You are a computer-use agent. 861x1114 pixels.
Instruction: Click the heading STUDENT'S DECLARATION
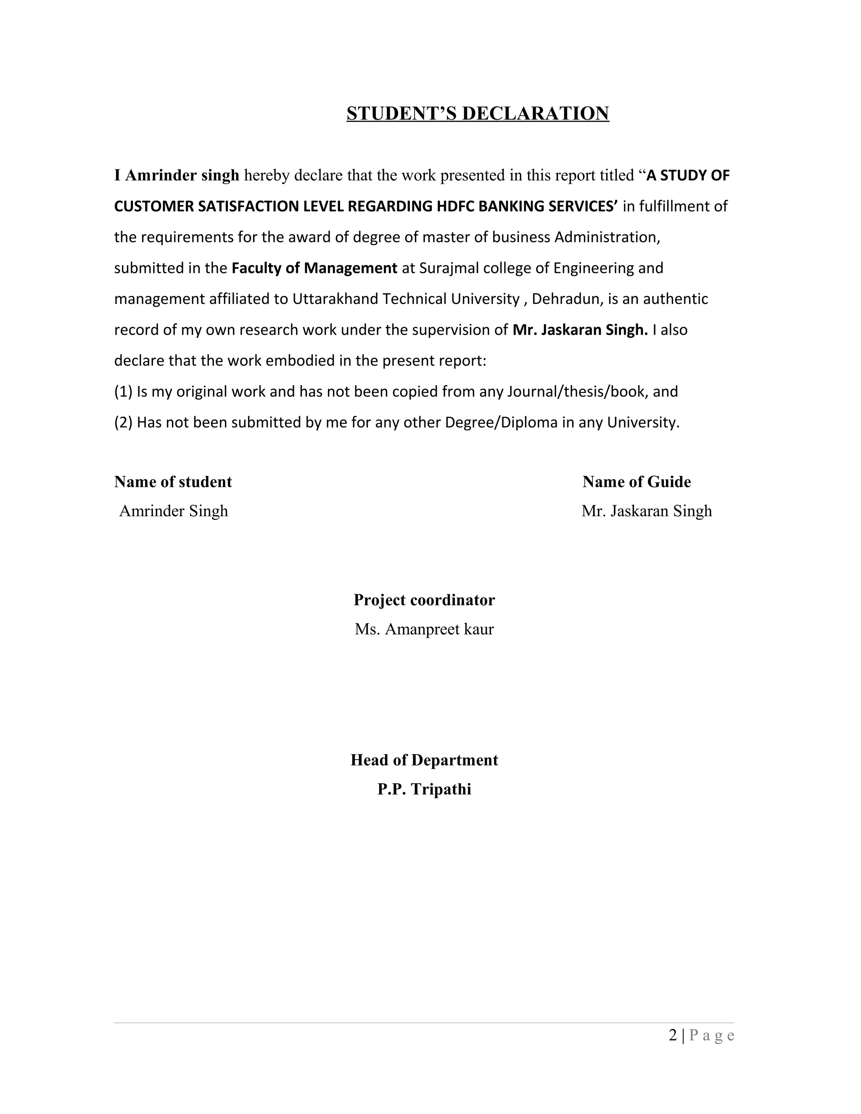(x=478, y=113)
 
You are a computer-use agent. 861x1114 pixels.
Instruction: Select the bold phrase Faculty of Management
(x=314, y=268)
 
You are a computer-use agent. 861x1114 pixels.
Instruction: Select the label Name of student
(x=173, y=482)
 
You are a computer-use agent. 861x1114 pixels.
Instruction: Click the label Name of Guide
(x=637, y=482)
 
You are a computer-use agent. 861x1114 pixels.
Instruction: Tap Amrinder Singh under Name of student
(x=174, y=511)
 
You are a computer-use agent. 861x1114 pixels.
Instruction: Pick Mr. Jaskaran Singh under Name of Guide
(x=646, y=511)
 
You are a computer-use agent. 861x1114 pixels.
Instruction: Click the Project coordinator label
(x=424, y=600)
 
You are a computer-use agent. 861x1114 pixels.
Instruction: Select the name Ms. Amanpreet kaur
(x=424, y=629)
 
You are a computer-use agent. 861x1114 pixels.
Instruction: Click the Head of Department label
(x=424, y=760)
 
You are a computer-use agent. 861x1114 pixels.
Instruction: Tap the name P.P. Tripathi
(x=424, y=789)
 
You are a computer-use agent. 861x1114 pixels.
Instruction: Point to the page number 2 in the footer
(x=673, y=1036)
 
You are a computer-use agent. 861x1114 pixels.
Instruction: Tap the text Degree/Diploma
(x=501, y=423)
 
